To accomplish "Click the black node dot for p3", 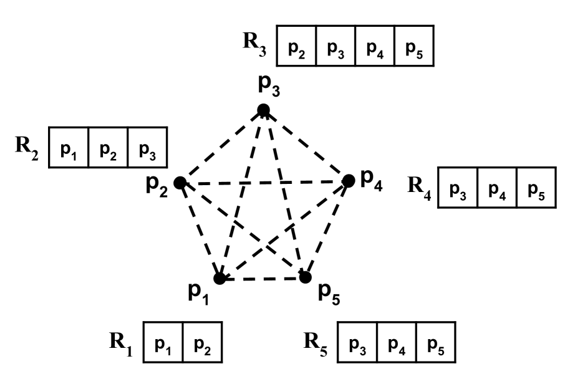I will click(x=263, y=110).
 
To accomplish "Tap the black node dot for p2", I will click(x=180, y=183).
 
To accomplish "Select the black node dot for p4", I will click(x=349, y=181).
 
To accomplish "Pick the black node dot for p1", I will click(x=220, y=278).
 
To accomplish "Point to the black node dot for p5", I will click(x=305, y=277).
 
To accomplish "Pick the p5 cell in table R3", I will click(x=413, y=46).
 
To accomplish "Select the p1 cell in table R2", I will click(x=68, y=148).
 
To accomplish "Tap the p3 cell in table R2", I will click(x=147, y=148).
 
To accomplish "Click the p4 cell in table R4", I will click(x=497, y=187).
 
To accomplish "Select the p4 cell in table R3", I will click(x=374, y=46).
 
